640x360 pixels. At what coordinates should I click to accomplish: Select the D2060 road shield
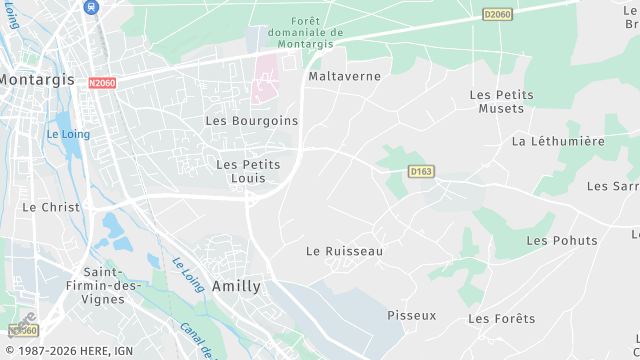click(x=496, y=14)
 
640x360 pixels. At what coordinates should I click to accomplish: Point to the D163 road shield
click(x=421, y=172)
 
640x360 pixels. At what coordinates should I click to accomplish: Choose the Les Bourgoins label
click(x=251, y=120)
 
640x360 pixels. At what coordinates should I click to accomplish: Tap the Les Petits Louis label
click(x=248, y=171)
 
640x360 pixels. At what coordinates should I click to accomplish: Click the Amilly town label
click(x=236, y=286)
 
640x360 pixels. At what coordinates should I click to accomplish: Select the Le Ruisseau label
click(x=344, y=251)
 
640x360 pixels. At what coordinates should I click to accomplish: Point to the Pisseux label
click(x=412, y=315)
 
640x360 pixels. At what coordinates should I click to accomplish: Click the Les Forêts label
click(x=501, y=319)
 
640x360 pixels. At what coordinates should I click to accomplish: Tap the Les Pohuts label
click(x=561, y=240)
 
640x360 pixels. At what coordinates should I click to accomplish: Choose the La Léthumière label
click(x=558, y=141)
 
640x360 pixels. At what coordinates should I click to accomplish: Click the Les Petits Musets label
click(x=501, y=101)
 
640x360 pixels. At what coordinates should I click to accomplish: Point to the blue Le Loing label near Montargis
click(x=67, y=134)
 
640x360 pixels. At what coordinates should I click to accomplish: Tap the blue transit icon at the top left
click(x=91, y=6)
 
